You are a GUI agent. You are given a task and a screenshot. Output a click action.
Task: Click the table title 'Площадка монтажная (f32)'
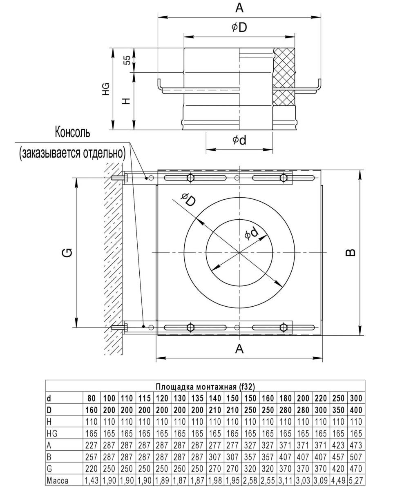(205, 386)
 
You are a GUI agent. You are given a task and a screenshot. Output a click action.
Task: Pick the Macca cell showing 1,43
(92, 481)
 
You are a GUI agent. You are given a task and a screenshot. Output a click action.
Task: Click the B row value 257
(92, 457)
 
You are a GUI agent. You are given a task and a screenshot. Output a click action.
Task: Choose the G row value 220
(92, 469)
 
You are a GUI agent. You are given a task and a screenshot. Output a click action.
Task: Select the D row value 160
(92, 410)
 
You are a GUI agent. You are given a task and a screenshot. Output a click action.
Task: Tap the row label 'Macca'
(58, 481)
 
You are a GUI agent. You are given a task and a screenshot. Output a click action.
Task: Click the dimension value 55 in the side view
(127, 60)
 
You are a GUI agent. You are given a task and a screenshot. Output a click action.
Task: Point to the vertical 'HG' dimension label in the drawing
(106, 89)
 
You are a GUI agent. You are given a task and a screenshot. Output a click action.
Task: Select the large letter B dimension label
(350, 253)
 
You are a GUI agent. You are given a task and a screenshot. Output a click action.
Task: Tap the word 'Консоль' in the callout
(72, 133)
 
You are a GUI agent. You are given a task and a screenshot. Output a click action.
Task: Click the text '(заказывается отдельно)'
(72, 153)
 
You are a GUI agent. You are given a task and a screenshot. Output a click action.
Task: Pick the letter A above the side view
(239, 7)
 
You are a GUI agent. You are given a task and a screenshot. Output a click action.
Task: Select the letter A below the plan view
(239, 349)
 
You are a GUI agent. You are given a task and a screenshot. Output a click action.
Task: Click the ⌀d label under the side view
(239, 140)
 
